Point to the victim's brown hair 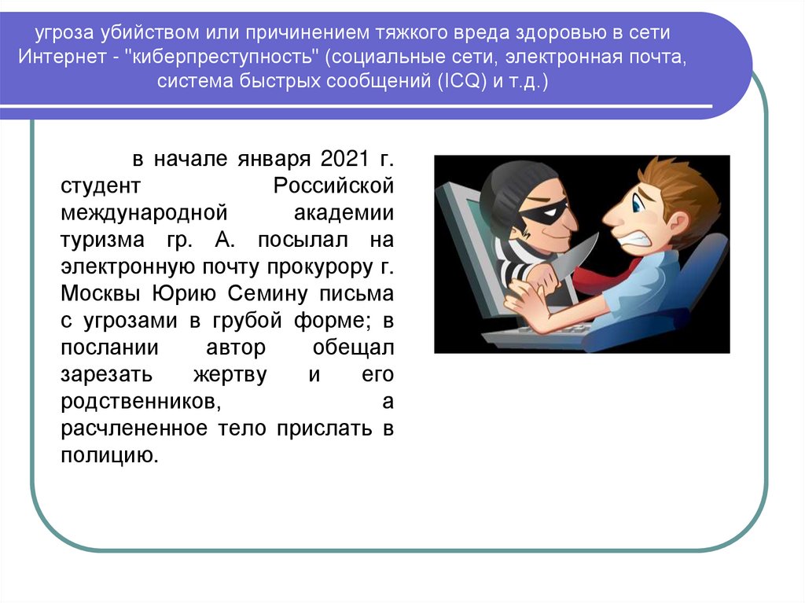tap(675, 186)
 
